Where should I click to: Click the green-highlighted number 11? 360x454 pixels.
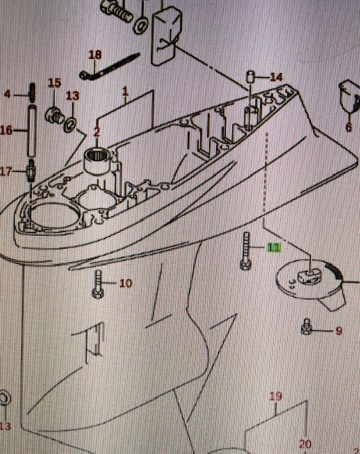point(274,248)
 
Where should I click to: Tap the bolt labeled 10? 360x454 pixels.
point(98,284)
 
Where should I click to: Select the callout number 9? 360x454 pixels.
point(339,331)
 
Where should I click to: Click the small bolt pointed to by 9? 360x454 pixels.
point(307,326)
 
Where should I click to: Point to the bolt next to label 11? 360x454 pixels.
point(246,250)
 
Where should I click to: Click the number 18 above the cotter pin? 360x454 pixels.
point(95,55)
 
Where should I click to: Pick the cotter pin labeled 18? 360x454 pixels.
point(109,67)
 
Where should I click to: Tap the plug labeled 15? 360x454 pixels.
point(55,116)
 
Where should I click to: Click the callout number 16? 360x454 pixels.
point(6,131)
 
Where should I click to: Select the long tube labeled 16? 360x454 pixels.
point(32,131)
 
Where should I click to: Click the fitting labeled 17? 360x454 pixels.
point(31,170)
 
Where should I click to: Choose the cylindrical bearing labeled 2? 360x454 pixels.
point(97,162)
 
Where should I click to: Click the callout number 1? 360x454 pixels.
point(125,92)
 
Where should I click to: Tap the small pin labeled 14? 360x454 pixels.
point(250,77)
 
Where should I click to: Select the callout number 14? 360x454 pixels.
point(276,77)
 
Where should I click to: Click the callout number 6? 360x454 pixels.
point(349,128)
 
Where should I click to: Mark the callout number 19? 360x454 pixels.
point(276,397)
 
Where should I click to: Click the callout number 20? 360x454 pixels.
point(305,444)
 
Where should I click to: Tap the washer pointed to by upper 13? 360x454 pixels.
point(70,125)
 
